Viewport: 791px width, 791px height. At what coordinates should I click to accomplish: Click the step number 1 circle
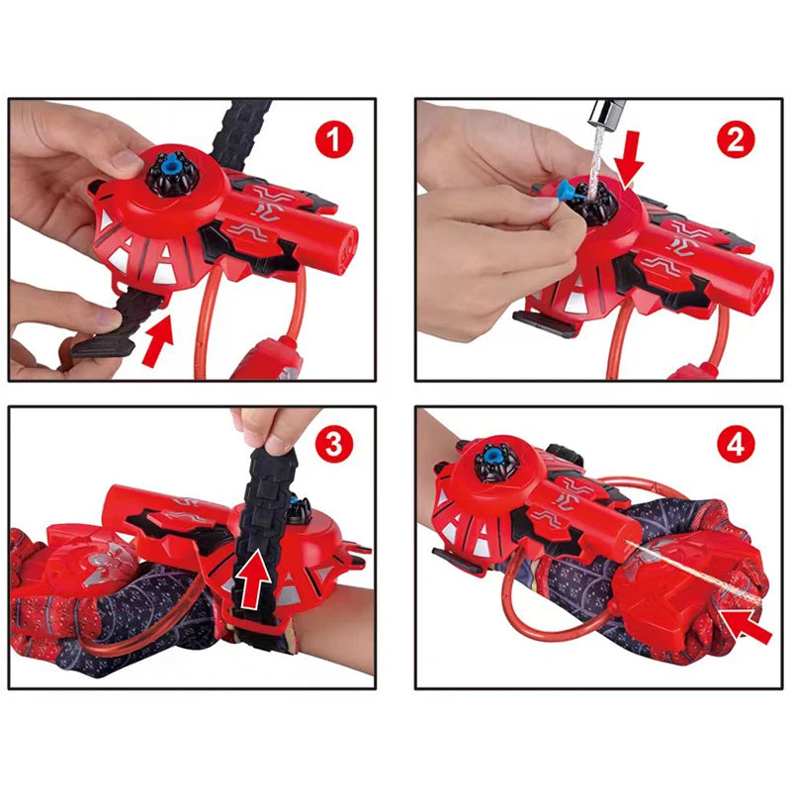click(x=335, y=139)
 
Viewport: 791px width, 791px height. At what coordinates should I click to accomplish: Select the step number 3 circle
click(x=335, y=445)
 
